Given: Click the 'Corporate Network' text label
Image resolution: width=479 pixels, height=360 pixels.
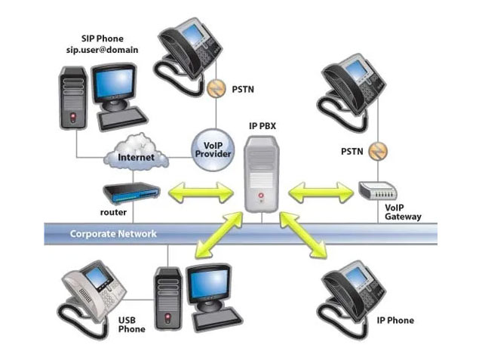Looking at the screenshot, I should pyautogui.click(x=113, y=234).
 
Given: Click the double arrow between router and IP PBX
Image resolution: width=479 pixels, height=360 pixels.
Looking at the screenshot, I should pyautogui.click(x=200, y=194).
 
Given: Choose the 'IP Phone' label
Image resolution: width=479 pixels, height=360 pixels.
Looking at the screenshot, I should pyautogui.click(x=395, y=321).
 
